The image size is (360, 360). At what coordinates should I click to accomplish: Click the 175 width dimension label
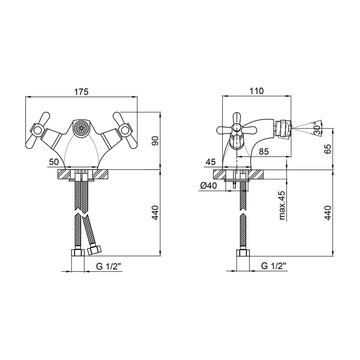point(81,92)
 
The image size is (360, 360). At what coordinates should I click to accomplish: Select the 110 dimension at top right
point(257,91)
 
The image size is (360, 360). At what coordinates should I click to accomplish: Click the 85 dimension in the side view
point(264,152)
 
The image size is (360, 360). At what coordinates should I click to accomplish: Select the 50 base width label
point(54,162)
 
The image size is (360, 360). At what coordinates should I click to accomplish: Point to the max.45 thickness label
point(282,206)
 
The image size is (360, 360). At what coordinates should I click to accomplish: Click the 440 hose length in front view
point(155,213)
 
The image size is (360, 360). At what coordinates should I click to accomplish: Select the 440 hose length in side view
point(327,213)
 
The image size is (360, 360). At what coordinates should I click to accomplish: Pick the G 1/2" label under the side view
point(274,266)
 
